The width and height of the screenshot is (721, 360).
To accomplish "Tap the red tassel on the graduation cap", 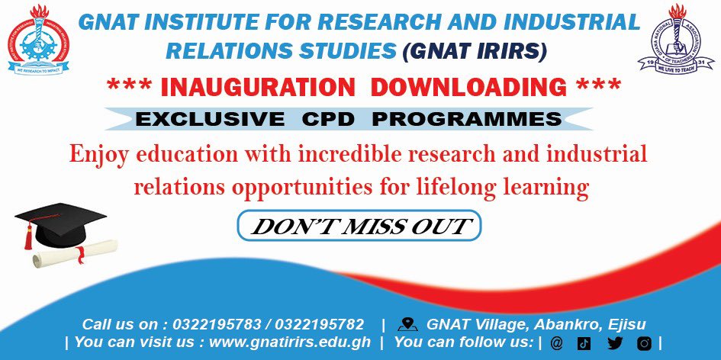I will [x=28, y=236].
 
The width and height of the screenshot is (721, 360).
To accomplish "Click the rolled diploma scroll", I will [x=76, y=251].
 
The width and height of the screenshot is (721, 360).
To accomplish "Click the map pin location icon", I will [x=407, y=324].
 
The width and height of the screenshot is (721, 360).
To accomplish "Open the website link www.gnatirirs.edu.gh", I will [x=290, y=342].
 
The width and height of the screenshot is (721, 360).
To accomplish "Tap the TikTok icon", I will [x=584, y=343].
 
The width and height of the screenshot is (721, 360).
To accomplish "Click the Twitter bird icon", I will [x=615, y=343].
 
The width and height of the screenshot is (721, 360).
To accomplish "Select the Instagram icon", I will [x=645, y=343].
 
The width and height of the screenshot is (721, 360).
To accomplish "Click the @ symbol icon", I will [x=555, y=343].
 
